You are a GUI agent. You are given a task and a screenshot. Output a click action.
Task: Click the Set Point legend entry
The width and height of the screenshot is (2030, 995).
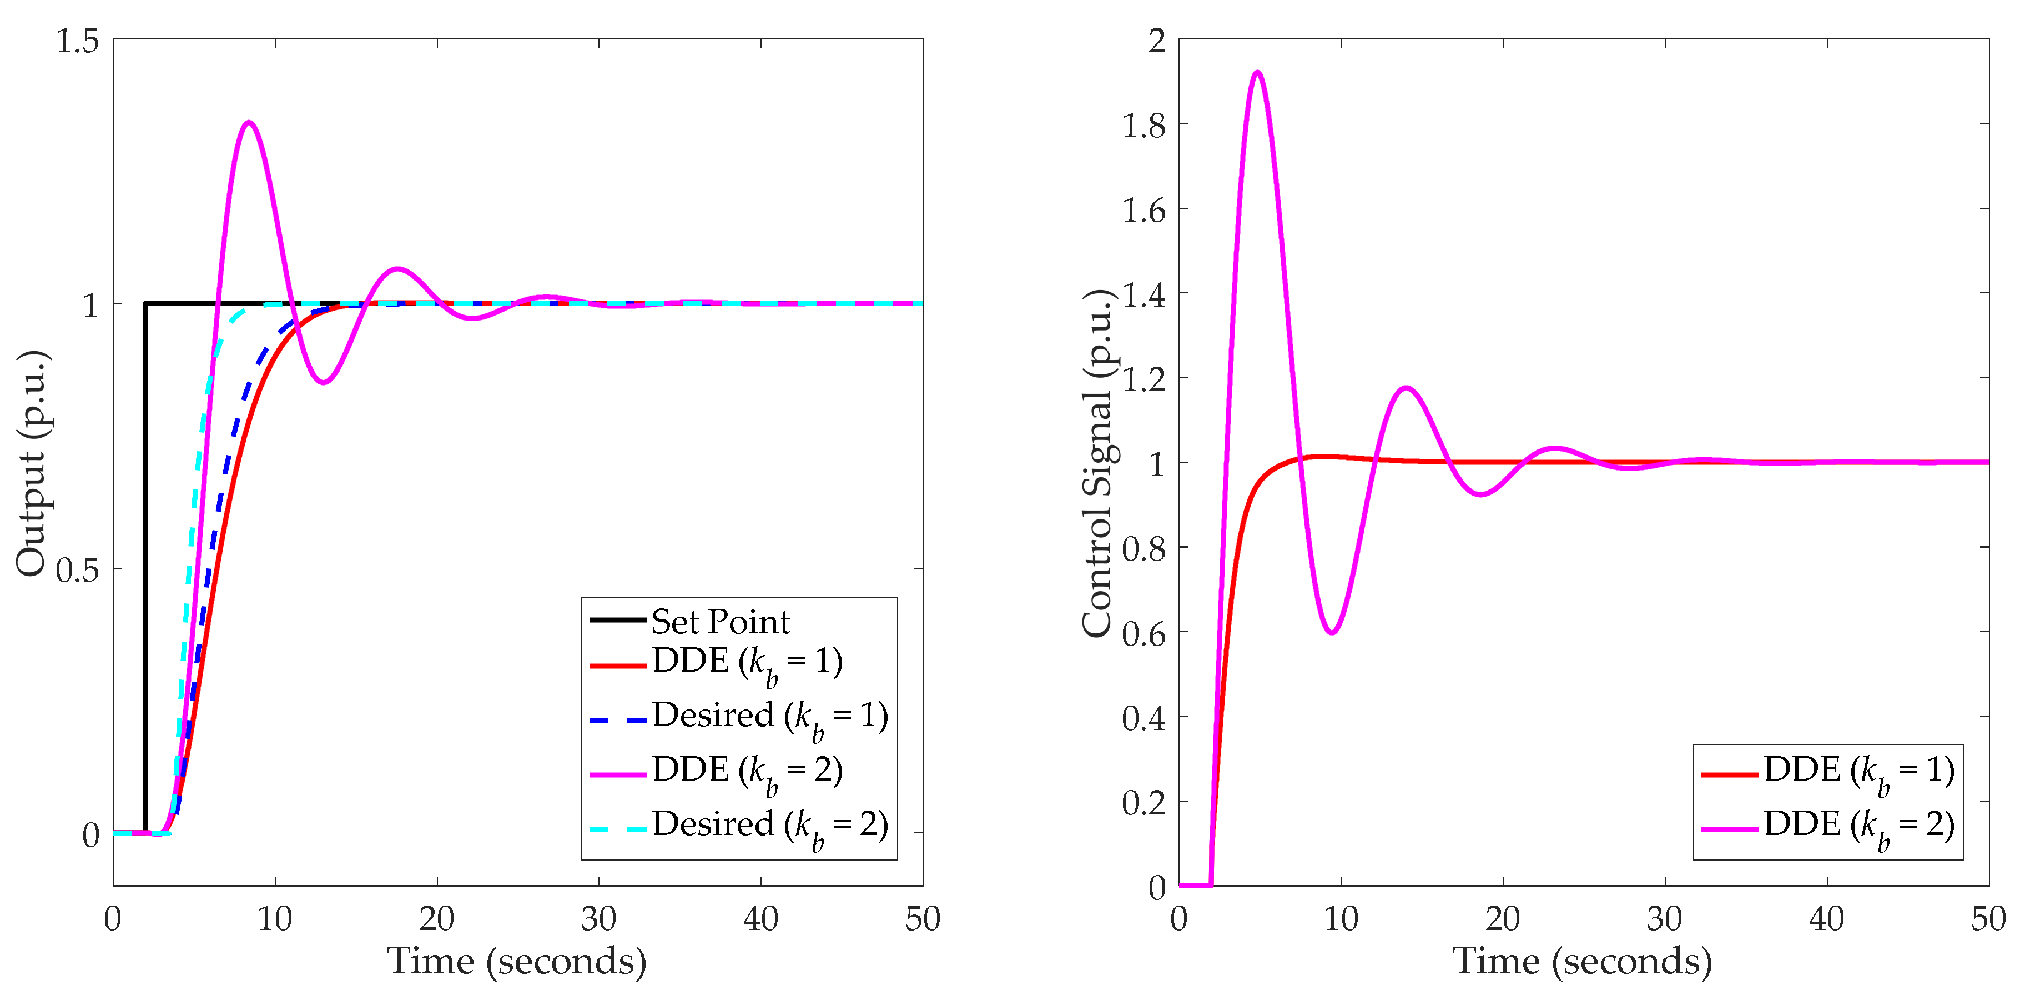point(719,622)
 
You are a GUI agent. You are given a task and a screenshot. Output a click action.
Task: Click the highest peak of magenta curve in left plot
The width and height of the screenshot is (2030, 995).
point(249,122)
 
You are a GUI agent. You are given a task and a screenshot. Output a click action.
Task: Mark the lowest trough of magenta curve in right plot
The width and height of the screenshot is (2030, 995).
point(1332,632)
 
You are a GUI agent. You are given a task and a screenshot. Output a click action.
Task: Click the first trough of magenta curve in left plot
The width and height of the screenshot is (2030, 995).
point(323,382)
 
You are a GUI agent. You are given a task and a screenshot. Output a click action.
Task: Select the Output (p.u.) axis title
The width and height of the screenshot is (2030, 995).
point(33,463)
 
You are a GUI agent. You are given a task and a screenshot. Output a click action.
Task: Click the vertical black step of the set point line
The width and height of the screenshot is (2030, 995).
point(145,568)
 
